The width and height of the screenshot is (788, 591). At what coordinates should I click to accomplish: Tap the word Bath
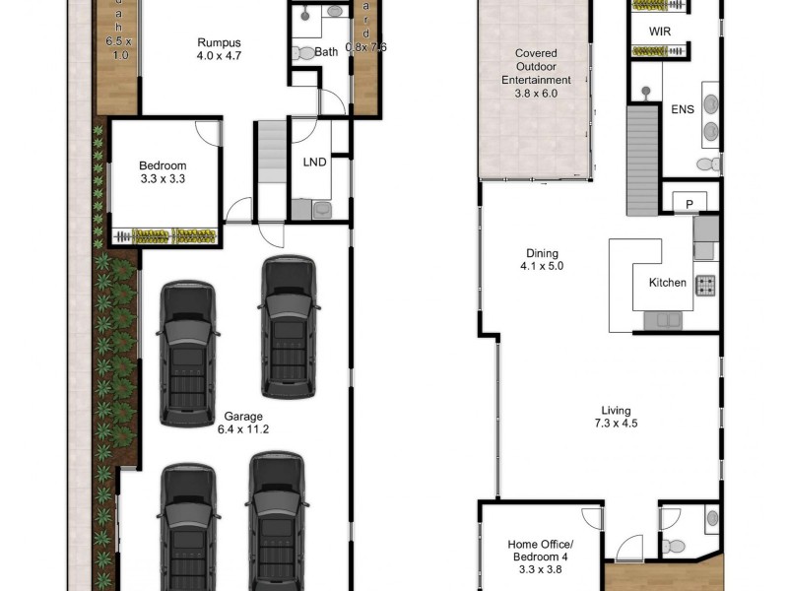point(326,52)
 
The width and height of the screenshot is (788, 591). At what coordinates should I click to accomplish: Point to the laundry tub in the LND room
point(321,209)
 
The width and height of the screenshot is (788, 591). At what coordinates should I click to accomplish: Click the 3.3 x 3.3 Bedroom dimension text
point(163,179)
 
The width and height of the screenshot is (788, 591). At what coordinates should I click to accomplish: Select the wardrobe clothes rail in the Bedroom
point(164,236)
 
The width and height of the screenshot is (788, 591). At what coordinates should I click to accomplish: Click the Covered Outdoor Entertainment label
point(537,67)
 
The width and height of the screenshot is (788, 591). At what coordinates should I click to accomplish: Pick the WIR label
point(660,32)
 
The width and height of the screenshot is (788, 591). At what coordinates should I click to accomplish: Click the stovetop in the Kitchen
point(706,286)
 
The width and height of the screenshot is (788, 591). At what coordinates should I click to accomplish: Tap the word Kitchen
point(667,283)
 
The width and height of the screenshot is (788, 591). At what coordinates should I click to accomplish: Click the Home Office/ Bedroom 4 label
point(537,550)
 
